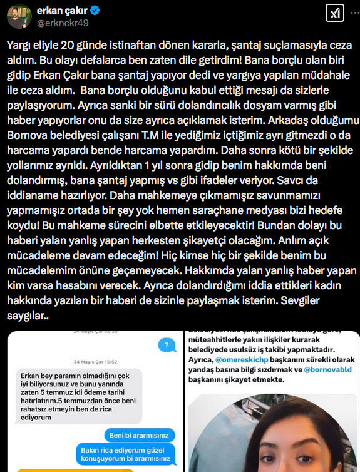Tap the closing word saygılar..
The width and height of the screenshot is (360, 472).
click(27, 317)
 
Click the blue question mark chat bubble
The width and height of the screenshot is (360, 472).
click(165, 345)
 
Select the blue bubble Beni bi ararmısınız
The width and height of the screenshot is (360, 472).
click(142, 434)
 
